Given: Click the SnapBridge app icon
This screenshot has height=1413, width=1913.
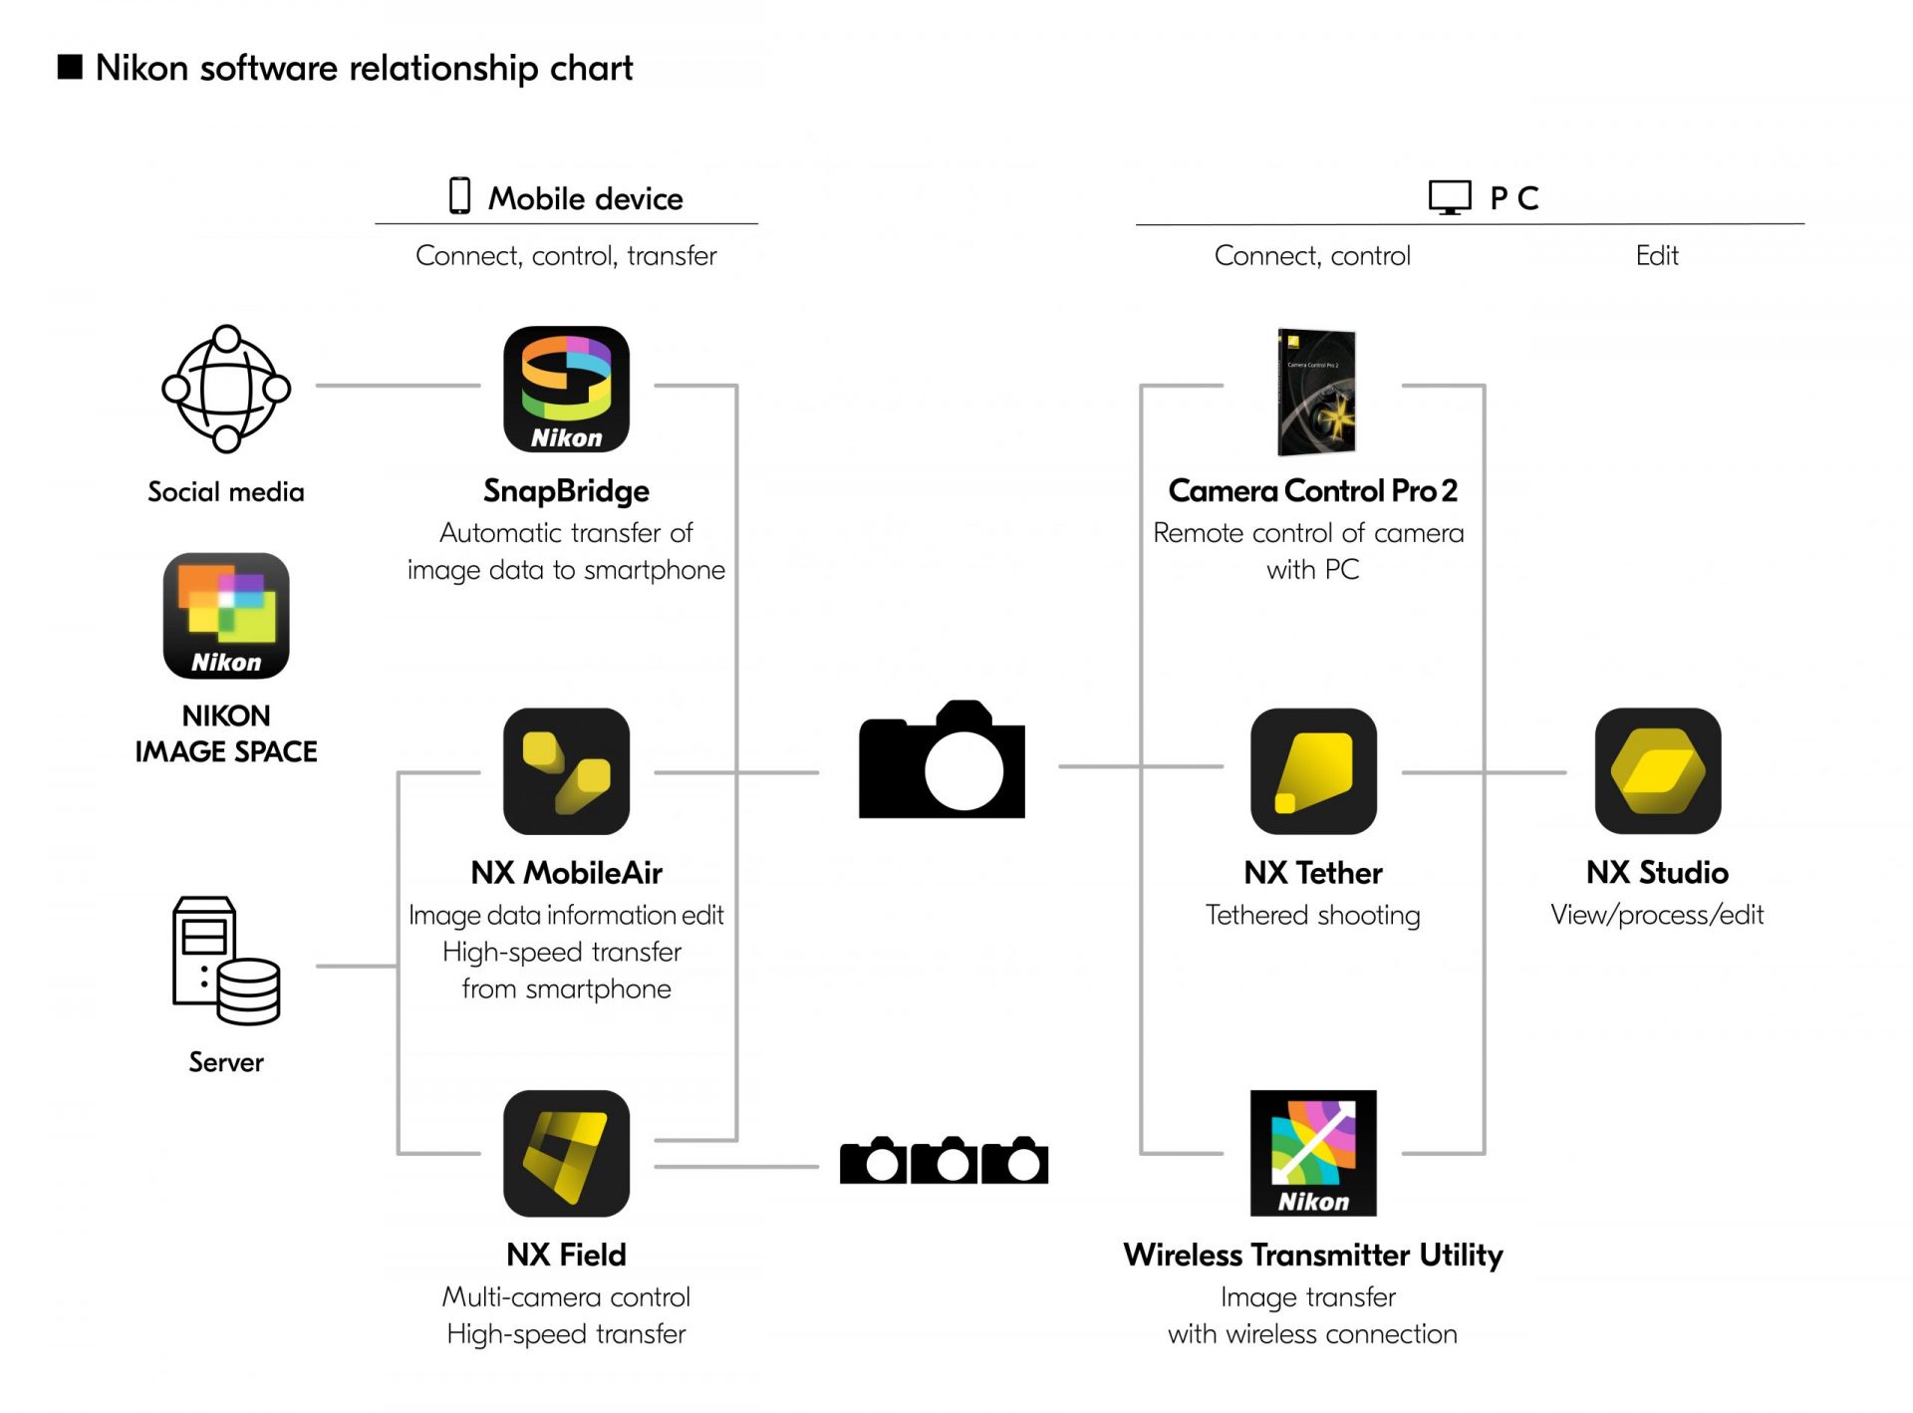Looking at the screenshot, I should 566,389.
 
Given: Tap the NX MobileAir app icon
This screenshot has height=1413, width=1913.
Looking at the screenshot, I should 566,771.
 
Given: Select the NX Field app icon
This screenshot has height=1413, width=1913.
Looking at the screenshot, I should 566,1153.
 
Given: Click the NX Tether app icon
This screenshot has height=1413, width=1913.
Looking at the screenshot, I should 1313,771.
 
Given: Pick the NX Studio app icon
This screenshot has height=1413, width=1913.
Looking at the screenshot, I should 1657,771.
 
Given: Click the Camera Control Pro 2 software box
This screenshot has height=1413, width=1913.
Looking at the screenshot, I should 1316,392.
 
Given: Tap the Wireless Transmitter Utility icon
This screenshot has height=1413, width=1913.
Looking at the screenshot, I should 1313,1153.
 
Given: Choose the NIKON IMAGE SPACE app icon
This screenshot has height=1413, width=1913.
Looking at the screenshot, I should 226,616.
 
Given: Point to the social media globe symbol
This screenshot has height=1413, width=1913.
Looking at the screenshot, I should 226,389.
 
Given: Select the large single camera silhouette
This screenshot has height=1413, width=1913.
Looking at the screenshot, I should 942,760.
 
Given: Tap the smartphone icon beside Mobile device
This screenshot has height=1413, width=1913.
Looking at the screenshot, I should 459,196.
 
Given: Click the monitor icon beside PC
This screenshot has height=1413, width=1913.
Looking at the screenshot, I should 1450,197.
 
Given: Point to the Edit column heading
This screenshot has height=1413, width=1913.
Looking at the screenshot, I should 1657,256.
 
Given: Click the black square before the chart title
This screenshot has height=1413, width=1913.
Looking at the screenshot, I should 70,67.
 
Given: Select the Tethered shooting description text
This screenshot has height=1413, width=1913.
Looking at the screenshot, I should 1312,915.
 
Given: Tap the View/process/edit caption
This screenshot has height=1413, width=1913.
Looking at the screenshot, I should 1657,915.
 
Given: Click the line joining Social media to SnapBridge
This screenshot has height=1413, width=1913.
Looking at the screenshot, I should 399,386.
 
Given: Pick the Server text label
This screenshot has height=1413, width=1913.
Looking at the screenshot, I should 226,1062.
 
